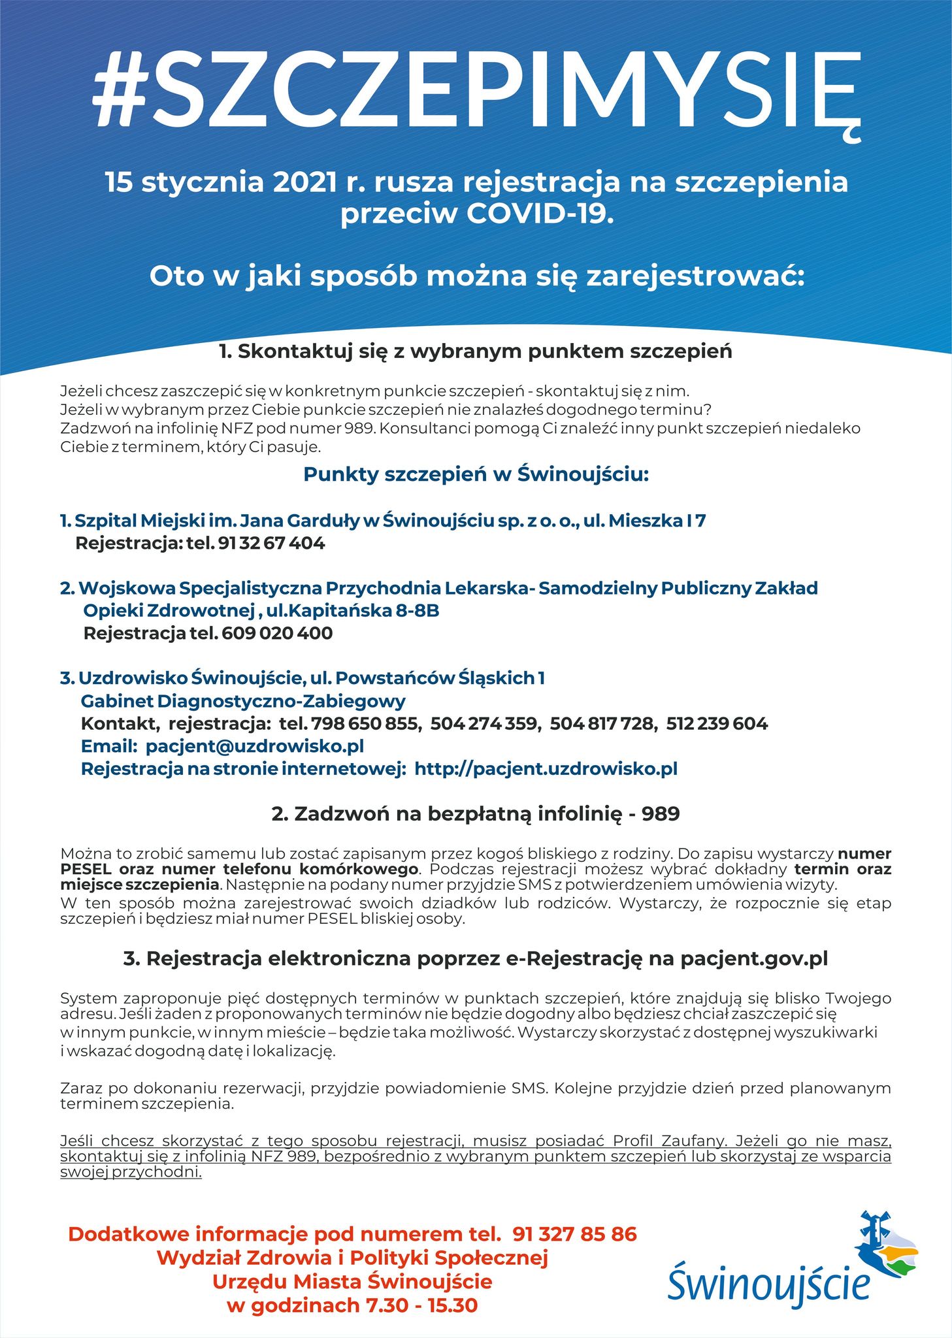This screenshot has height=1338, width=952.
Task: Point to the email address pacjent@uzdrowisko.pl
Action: [255, 746]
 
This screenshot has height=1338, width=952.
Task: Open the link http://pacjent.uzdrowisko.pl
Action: [546, 769]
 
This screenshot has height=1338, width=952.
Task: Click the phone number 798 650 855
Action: [365, 724]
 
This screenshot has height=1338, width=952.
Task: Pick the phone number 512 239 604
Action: [717, 724]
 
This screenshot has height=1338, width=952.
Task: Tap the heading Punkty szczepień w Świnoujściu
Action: [476, 474]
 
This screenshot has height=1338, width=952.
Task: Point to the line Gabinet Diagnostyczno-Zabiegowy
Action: [243, 702]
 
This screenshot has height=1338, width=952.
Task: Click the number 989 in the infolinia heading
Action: [661, 814]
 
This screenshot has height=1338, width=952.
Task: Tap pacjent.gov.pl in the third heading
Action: [754, 958]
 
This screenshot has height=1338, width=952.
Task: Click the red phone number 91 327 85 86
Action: [574, 1234]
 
